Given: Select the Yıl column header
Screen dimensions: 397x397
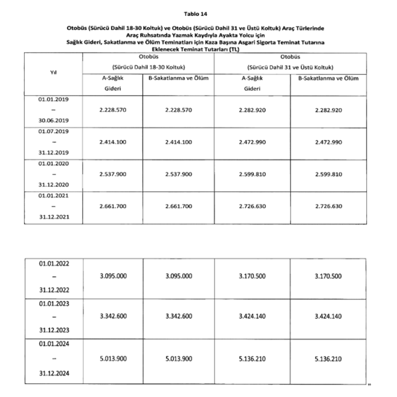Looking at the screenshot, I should (x=53, y=72).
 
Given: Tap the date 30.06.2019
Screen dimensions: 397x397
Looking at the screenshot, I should (x=53, y=120).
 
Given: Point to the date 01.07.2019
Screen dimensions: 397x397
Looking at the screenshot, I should (x=53, y=131).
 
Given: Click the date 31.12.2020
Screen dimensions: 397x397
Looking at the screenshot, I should (x=53, y=185).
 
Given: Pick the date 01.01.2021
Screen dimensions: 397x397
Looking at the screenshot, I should (x=53, y=195).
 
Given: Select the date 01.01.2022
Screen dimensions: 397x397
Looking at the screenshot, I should (x=53, y=263).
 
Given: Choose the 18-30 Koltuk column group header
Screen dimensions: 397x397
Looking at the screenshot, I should (x=148, y=67).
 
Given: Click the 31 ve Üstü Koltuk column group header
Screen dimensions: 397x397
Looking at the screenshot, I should (x=290, y=67).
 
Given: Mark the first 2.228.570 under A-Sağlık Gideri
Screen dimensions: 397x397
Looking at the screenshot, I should (x=113, y=110).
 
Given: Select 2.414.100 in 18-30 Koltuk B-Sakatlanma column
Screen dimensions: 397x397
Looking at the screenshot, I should (x=178, y=142).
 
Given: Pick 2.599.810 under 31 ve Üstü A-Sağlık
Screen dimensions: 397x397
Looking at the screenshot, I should (x=252, y=174).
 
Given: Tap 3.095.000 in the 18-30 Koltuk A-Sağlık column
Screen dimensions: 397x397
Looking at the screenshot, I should (x=113, y=276).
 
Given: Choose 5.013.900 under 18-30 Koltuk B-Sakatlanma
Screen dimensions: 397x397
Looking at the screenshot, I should (x=178, y=359).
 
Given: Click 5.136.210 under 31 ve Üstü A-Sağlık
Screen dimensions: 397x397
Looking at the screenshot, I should (x=252, y=359).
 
